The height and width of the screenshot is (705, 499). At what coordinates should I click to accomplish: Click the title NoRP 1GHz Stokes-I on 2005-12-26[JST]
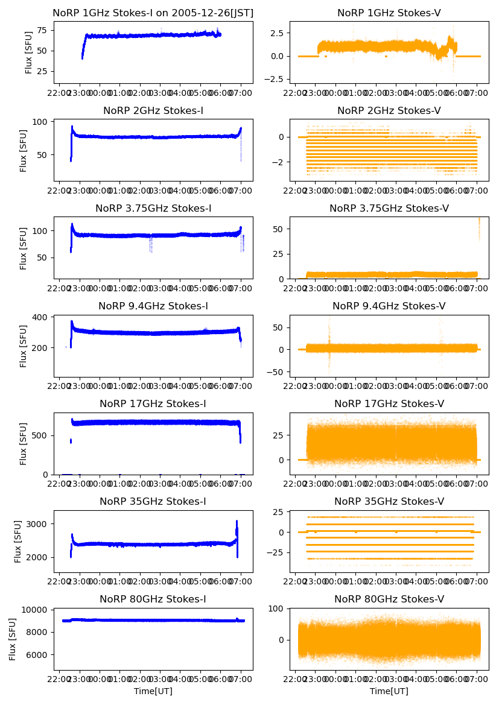[153, 13]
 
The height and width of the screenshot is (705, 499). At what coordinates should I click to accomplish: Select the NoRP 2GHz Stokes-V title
[389, 110]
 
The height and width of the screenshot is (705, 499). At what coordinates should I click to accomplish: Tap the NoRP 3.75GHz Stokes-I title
[153, 209]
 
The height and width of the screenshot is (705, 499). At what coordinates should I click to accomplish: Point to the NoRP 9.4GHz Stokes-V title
[389, 306]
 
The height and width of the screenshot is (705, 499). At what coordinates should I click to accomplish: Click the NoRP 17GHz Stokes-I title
[153, 404]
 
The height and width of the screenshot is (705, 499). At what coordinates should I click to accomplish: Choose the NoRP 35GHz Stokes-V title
[389, 502]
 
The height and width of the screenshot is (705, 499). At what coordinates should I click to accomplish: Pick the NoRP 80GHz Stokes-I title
[153, 599]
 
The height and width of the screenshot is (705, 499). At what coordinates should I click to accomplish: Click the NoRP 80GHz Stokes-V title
[389, 599]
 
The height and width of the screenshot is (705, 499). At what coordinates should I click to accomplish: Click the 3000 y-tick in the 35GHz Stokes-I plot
[40, 524]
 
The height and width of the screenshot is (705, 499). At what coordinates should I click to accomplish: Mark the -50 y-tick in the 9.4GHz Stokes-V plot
[276, 371]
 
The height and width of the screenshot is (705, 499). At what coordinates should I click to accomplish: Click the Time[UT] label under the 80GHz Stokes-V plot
[389, 691]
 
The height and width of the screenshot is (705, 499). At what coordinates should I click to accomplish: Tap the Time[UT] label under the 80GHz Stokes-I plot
[153, 691]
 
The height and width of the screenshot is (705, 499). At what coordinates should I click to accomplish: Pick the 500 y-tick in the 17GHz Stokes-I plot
[42, 435]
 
